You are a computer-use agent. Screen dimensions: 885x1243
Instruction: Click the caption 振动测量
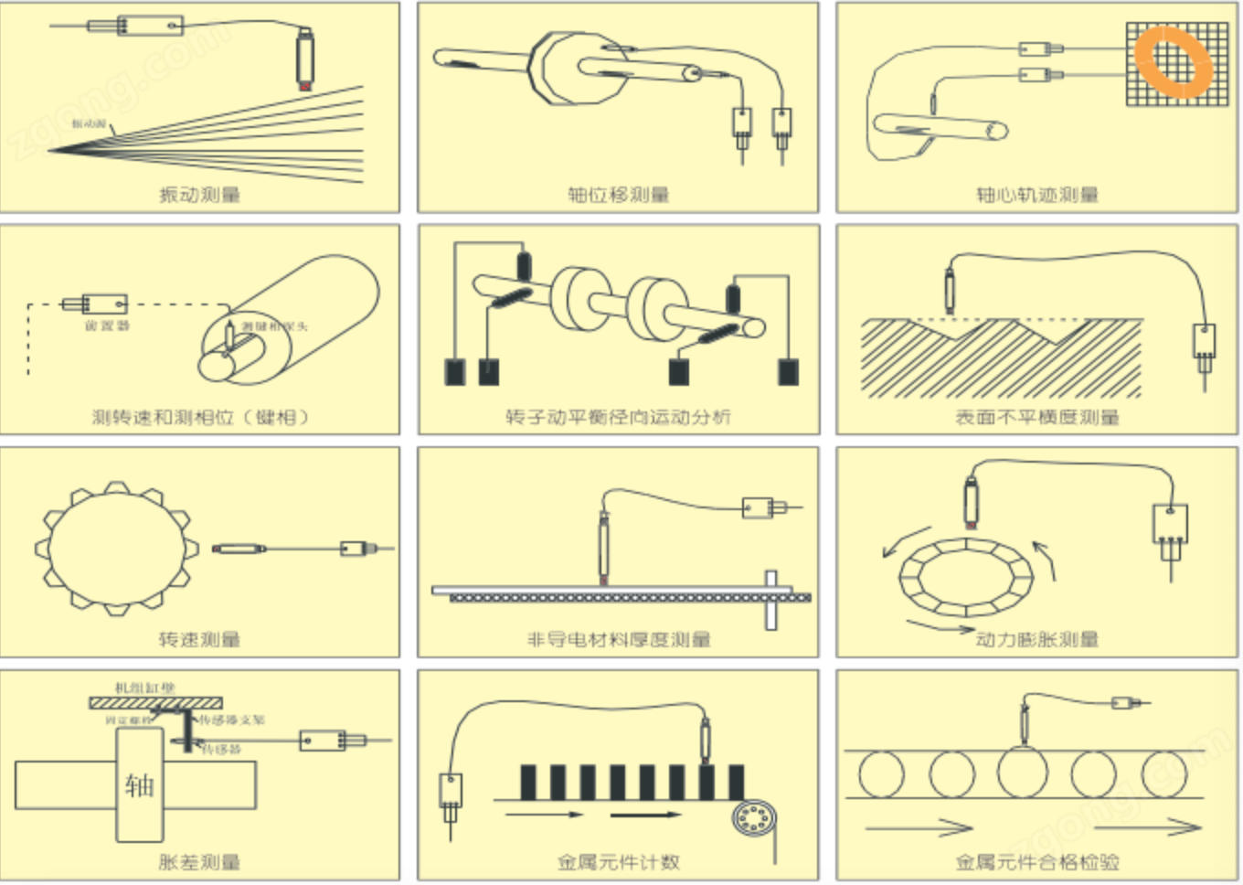[199, 195]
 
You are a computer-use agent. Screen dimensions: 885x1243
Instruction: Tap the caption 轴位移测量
[618, 195]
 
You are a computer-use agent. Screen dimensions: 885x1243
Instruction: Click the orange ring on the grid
[1174, 61]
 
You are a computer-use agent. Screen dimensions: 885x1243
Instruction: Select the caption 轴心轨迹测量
[1036, 195]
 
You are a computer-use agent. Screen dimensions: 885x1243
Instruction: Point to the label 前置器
[107, 325]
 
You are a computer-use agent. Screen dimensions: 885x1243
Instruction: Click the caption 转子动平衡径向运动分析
[618, 417]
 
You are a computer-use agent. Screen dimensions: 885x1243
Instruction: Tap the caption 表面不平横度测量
[1036, 418]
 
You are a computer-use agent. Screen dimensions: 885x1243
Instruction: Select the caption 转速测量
[199, 639]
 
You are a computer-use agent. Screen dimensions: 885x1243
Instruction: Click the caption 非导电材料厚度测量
[618, 639]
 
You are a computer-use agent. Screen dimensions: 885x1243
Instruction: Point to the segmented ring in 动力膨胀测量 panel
[963, 580]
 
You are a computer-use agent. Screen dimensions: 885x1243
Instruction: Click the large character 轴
[139, 784]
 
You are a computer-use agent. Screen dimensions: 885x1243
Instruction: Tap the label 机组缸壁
[144, 688]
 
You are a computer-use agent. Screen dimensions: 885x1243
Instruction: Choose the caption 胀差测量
[199, 861]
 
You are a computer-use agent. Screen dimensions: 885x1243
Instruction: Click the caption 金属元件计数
[618, 861]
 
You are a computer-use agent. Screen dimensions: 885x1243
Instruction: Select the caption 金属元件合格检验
[1036, 861]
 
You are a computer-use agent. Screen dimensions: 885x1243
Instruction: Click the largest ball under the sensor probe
[1022, 773]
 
